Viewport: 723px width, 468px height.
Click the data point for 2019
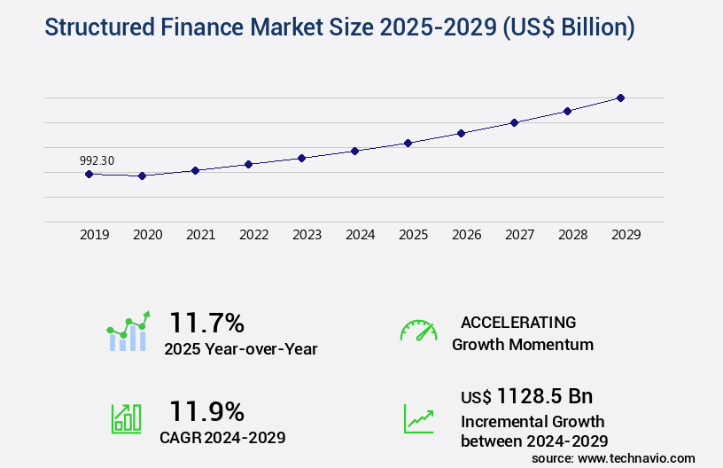(89, 174)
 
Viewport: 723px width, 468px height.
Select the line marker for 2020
(142, 175)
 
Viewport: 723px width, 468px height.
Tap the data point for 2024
(354, 151)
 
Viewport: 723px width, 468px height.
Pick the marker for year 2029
(620, 97)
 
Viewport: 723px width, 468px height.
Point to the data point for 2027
(514, 122)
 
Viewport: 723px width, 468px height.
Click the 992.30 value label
(97, 160)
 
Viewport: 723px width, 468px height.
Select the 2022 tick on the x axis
(253, 235)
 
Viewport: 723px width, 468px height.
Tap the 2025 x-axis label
(413, 235)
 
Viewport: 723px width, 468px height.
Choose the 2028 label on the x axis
(572, 235)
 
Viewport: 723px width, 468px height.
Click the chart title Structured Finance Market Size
(339, 27)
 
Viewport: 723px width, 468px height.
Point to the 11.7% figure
(206, 322)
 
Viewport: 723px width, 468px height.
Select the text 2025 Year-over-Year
(240, 349)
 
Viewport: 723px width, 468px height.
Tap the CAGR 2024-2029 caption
(222, 437)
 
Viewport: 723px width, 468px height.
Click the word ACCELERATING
(518, 322)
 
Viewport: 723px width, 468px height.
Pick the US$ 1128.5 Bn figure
(526, 395)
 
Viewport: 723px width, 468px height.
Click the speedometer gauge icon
(418, 330)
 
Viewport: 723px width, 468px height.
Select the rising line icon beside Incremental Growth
(418, 418)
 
